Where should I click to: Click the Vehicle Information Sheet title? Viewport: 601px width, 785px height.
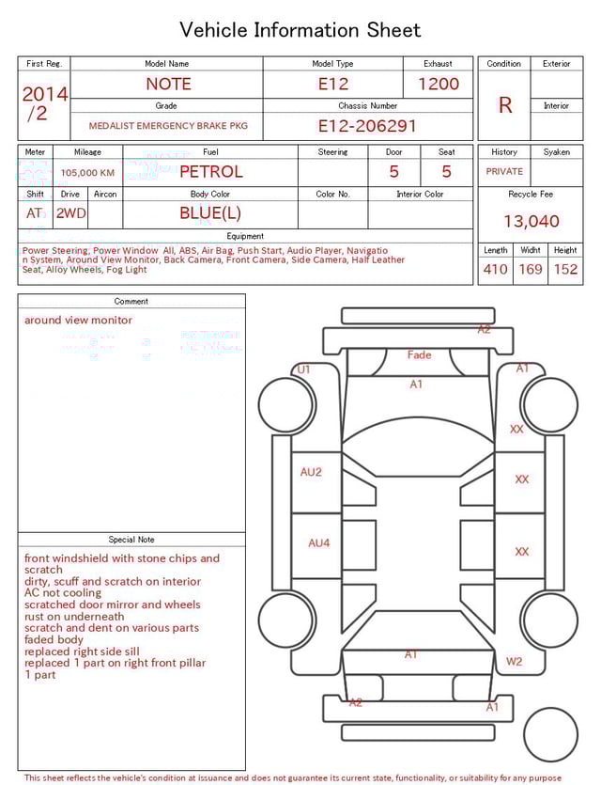click(x=300, y=30)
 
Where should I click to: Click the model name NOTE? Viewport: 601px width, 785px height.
click(x=168, y=84)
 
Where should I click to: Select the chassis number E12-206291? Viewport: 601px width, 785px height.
click(x=366, y=126)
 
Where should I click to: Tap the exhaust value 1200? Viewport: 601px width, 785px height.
click(x=439, y=84)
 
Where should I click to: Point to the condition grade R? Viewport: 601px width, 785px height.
click(x=505, y=105)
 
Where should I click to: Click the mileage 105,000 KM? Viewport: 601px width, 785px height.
click(x=87, y=173)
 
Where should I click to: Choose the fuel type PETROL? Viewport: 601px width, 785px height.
click(x=210, y=172)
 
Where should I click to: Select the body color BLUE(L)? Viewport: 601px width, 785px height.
click(x=210, y=213)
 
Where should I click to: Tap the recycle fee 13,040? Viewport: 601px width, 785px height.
click(x=531, y=222)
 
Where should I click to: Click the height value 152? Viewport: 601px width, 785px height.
click(x=565, y=270)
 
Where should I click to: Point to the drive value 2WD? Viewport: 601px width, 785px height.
click(x=70, y=213)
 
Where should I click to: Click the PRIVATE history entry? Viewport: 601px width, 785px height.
click(x=504, y=172)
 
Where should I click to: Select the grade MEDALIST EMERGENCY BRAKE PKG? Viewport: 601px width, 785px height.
click(x=168, y=126)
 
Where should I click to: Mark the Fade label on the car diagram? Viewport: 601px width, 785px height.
click(x=419, y=355)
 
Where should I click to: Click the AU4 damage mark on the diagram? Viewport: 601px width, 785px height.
click(x=319, y=543)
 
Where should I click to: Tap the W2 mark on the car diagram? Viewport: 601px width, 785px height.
click(x=515, y=662)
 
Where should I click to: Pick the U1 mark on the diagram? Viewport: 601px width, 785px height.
click(x=303, y=370)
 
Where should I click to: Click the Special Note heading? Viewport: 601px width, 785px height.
click(x=131, y=540)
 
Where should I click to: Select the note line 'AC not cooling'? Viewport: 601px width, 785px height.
click(x=63, y=593)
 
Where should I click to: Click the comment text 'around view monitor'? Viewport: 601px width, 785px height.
click(x=78, y=321)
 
